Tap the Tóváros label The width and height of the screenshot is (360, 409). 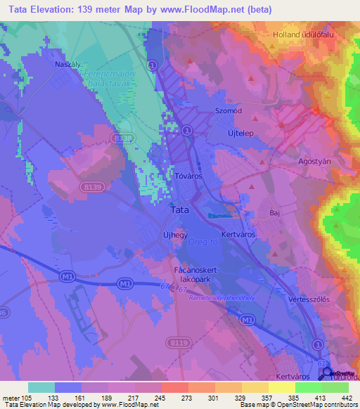pyautogui.click(x=188, y=177)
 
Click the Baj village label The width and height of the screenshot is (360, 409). pyautogui.click(x=275, y=211)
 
